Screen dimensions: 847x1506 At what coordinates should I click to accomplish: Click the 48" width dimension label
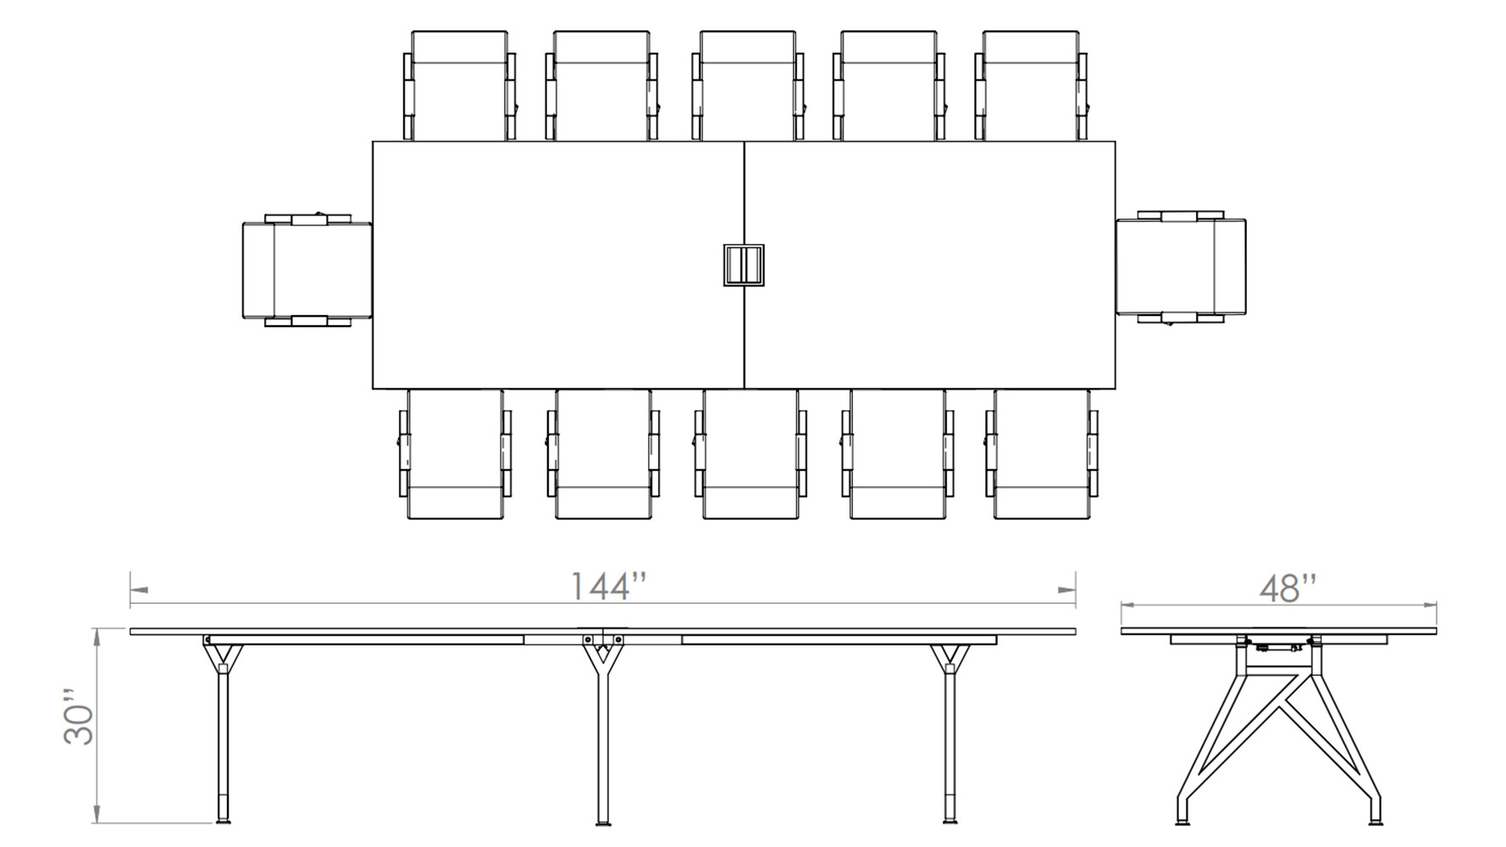[x=1287, y=589]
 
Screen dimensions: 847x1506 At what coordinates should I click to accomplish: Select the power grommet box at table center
[x=744, y=265]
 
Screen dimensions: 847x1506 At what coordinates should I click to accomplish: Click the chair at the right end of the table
[x=1182, y=267]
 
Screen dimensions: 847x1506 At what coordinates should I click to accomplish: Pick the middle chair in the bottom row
[x=750, y=455]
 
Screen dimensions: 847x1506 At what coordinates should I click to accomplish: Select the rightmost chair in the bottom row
[x=1042, y=455]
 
